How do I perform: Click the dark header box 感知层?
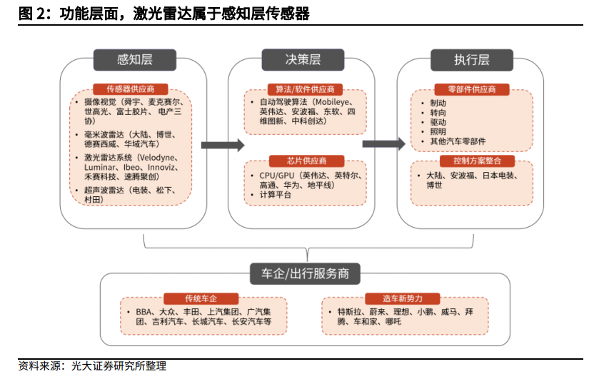[135, 60]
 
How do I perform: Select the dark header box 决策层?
[303, 60]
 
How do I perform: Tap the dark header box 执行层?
[472, 60]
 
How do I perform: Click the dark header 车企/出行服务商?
[305, 273]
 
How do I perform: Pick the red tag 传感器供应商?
[130, 89]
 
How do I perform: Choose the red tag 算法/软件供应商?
[305, 89]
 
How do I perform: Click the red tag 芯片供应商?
[307, 161]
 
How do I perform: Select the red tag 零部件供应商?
[472, 89]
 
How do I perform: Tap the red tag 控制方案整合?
[477, 161]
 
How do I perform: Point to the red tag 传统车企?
[201, 298]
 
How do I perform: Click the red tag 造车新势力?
[403, 298]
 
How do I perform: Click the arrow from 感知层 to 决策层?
[223, 145]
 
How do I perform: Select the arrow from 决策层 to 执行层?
[384, 144]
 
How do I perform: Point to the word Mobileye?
[332, 102]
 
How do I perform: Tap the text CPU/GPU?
[277, 176]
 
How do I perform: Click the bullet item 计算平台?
[275, 194]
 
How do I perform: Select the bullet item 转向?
[438, 113]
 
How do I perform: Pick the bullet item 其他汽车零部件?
[458, 141]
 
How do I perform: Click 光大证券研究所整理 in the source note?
[119, 366]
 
